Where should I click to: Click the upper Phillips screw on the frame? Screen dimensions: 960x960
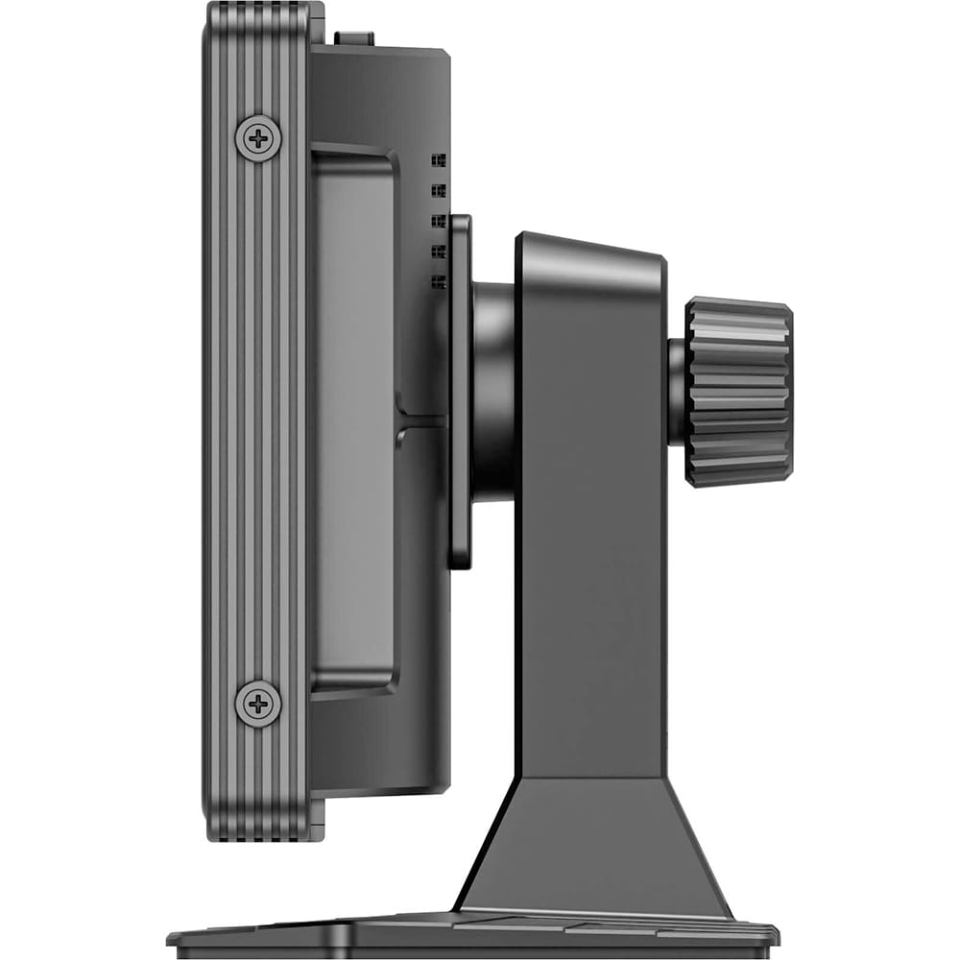coord(258,138)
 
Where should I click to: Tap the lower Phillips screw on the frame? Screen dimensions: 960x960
coord(258,704)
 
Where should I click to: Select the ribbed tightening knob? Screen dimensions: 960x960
coord(737,392)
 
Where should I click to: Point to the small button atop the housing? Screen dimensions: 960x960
coord(354,37)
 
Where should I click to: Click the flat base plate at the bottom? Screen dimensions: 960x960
coord(470,933)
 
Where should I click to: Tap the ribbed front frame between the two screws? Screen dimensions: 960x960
coord(257,422)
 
